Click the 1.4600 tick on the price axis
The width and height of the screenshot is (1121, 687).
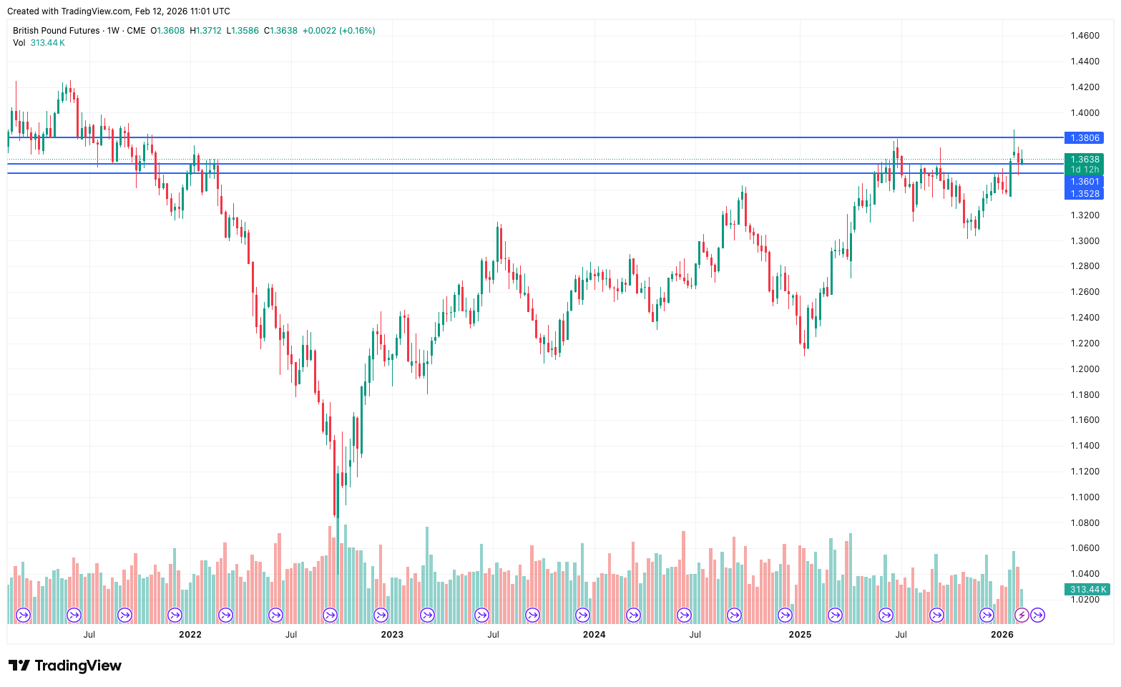click(1085, 36)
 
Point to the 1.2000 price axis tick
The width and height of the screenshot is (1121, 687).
click(1085, 369)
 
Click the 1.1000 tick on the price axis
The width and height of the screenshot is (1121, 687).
click(1085, 497)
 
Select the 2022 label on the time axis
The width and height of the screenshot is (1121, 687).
click(190, 634)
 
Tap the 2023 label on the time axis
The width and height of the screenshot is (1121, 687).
click(392, 634)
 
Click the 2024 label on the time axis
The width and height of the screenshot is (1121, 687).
click(594, 634)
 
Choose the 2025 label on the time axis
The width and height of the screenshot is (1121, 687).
click(800, 634)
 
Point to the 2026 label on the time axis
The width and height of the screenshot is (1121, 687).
click(1002, 634)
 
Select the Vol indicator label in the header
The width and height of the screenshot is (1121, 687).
click(19, 43)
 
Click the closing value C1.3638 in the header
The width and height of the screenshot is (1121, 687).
click(280, 31)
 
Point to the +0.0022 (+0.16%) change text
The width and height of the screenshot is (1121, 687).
click(338, 31)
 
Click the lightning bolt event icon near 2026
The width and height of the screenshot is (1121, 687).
click(1022, 615)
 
